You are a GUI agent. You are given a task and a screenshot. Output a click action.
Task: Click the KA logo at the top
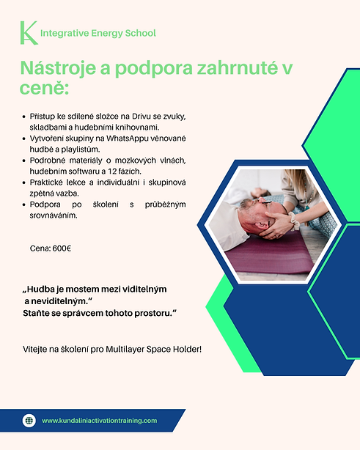tap(29, 33)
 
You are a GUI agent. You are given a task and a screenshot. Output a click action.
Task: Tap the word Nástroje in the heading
tap(58, 68)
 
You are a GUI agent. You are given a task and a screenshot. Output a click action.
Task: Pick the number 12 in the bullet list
tap(111, 171)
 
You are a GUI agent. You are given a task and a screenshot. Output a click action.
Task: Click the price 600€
tap(62, 248)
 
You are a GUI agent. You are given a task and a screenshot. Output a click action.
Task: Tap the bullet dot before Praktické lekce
tap(24, 182)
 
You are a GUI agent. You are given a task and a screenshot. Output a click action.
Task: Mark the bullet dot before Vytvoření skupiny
tap(24, 139)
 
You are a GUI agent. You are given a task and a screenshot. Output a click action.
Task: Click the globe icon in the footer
tap(29, 421)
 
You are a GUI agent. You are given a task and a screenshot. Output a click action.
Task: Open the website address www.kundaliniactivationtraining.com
tap(99, 421)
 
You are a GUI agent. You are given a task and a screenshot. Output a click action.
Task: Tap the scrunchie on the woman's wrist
tap(295, 221)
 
